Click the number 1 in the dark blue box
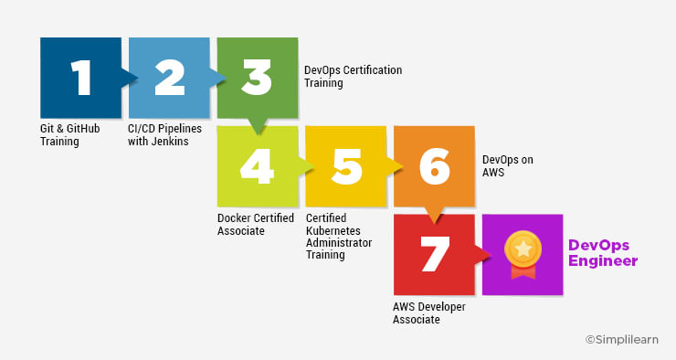81,79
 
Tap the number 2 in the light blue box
170,79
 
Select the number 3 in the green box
258,79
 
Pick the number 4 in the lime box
258,166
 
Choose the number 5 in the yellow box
346,166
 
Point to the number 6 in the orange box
434,166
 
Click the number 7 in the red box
434,255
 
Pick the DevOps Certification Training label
352,77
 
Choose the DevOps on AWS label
507,166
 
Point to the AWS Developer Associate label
429,313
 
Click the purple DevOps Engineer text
602,253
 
